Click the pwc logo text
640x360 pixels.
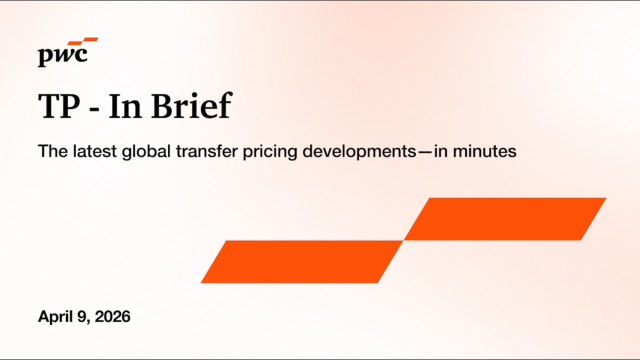click(62, 56)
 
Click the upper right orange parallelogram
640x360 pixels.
click(505, 219)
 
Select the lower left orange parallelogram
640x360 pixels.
click(302, 261)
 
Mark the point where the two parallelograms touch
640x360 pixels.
click(403, 240)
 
